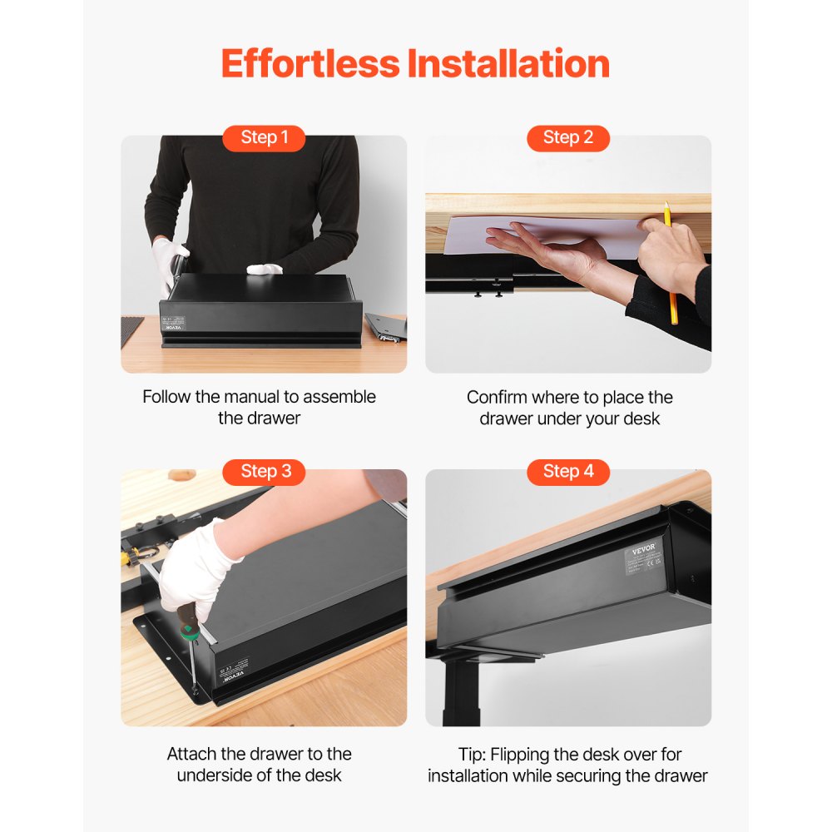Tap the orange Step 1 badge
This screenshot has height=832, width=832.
click(264, 138)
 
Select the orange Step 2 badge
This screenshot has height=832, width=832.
click(568, 138)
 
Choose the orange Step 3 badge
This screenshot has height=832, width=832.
click(265, 472)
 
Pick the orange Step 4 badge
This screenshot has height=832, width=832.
click(568, 472)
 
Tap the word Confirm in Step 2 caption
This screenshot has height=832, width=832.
click(497, 398)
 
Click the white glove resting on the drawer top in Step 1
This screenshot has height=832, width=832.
click(266, 270)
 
